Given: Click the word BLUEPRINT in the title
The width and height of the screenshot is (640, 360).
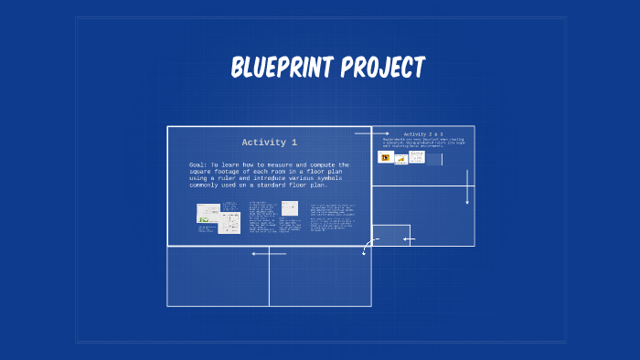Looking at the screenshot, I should click(282, 68).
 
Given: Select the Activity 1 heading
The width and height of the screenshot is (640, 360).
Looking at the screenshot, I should click(269, 143).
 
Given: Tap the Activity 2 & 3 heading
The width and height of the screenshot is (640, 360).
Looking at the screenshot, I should click(422, 134).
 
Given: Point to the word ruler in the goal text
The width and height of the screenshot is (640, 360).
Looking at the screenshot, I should click(228, 177).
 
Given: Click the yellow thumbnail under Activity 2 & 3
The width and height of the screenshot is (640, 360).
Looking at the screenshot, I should click(385, 157).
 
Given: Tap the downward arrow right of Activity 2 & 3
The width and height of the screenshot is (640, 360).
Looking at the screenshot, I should click(467, 186).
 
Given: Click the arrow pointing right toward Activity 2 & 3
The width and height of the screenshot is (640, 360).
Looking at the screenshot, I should click(372, 133).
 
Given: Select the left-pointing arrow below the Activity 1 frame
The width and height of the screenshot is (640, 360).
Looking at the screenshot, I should click(269, 253).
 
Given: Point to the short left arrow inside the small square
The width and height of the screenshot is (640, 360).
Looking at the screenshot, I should click(409, 239).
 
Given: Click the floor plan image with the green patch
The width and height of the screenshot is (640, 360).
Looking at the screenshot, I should click(208, 214).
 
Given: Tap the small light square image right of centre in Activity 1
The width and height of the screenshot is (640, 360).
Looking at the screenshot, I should click(289, 208).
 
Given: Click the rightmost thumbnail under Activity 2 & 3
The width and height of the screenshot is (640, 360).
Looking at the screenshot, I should click(417, 157).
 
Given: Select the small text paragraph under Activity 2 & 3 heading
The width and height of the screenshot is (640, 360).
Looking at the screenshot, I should click(423, 143).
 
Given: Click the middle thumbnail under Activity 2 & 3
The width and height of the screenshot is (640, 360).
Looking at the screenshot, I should click(400, 158).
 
